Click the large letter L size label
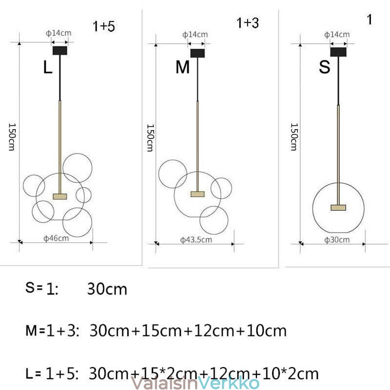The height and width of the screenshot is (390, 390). click(48, 67)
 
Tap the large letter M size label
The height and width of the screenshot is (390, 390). click(182, 67)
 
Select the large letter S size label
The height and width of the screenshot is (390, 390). click(325, 67)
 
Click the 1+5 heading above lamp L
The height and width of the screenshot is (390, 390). click(104, 26)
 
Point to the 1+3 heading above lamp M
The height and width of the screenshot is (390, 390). click(248, 23)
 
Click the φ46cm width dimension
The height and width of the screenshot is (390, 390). click(56, 238)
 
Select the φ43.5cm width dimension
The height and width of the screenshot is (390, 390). click(196, 240)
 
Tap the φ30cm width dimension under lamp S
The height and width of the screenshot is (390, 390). click(337, 240)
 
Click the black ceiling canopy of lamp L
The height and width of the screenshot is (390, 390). click(60, 51)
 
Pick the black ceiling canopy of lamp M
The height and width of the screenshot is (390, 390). click(198, 53)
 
